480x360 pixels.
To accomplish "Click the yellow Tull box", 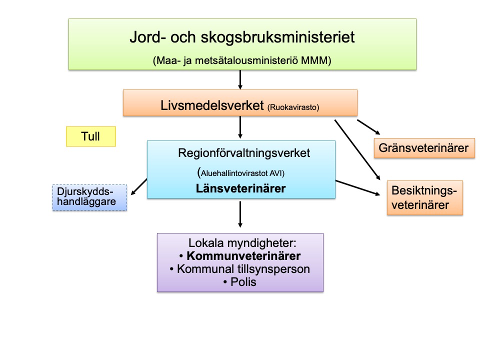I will click(90, 136).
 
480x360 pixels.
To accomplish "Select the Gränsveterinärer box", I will click(423, 148).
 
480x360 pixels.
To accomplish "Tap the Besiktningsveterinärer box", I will click(424, 198).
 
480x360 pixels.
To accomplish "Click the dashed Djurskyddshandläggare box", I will click(89, 197).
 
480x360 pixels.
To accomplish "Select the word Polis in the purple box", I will click(243, 282).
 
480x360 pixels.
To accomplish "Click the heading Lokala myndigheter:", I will click(242, 243).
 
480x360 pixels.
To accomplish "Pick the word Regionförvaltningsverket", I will click(244, 153).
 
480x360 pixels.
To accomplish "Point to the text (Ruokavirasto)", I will click(293, 106).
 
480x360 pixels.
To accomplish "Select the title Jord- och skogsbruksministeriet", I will click(242, 37).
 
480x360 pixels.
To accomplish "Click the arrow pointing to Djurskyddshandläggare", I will click(139, 186).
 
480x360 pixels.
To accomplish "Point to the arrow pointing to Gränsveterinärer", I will click(369, 127).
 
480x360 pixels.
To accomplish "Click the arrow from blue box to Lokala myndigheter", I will click(240, 214).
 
